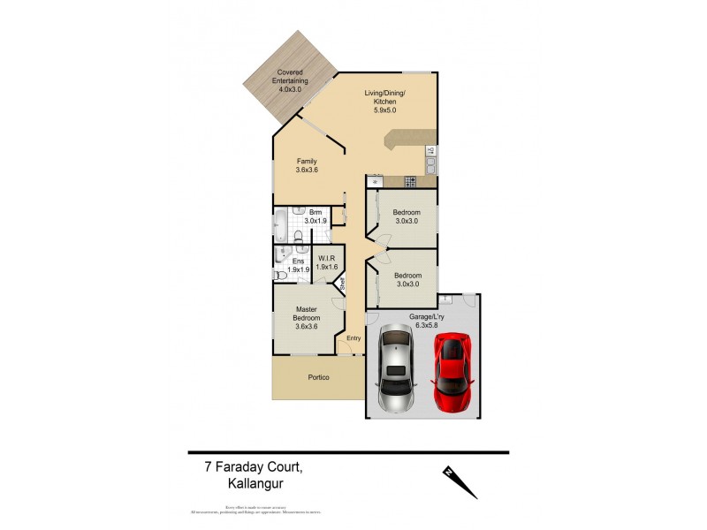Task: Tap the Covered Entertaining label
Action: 291,80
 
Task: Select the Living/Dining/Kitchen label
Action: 385,102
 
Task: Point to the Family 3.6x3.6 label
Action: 307,166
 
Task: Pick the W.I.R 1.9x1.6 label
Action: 328,263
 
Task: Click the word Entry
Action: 353,337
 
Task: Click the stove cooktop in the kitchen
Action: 410,182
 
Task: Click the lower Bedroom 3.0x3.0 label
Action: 407,280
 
